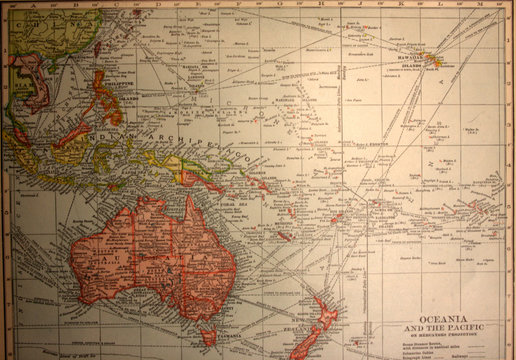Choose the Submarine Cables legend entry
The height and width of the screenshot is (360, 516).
[420, 350]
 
